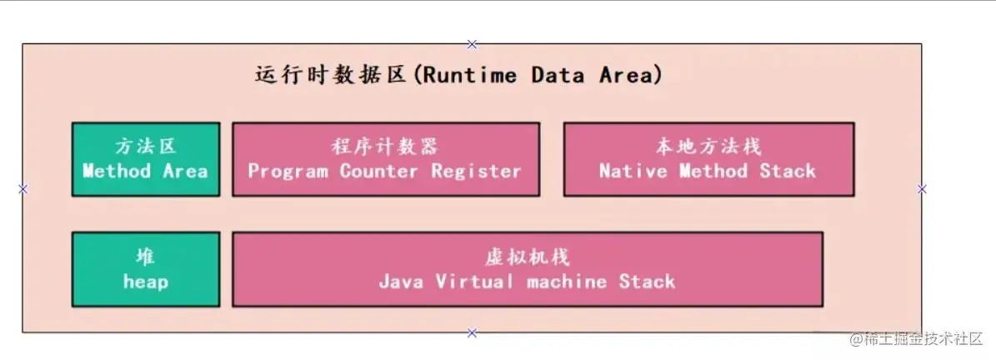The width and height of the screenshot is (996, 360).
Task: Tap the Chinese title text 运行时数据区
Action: pos(330,76)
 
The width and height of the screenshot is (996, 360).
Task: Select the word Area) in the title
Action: pos(630,76)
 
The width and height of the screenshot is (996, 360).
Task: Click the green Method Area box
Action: pos(146,159)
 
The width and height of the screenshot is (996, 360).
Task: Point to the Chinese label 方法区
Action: pos(146,147)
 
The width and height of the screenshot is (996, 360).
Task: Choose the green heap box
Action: pos(146,269)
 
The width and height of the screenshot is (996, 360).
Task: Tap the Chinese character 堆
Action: pos(146,257)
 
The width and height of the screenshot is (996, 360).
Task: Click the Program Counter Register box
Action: pos(386,159)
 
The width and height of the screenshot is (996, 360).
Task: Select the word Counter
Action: pos(378,171)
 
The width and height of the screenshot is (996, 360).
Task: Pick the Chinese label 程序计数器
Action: pos(385,147)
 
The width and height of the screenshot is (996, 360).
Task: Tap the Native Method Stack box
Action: pos(709,159)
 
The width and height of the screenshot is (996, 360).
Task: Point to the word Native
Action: pos(632,171)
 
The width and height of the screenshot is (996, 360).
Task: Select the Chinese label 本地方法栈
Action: pos(708,147)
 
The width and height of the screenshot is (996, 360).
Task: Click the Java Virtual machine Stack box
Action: pos(528,269)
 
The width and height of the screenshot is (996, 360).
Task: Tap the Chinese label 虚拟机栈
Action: pos(528,257)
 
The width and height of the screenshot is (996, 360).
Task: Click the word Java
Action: pos(401,281)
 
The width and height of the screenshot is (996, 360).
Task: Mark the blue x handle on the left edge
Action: pos(23,188)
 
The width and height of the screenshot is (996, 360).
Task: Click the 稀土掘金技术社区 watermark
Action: pos(917,338)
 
